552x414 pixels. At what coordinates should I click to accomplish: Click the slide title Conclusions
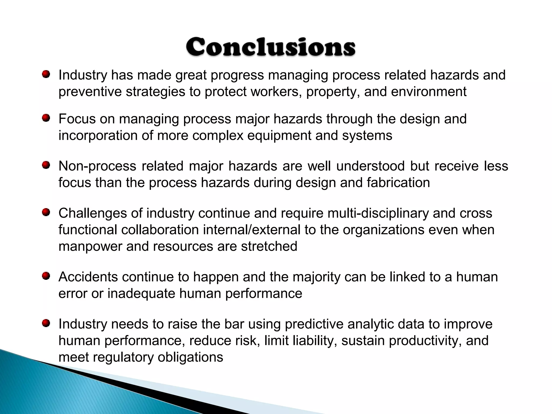[x=271, y=47]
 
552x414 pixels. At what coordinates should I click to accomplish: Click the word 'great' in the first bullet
[x=191, y=75]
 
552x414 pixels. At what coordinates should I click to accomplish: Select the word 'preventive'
[x=90, y=92]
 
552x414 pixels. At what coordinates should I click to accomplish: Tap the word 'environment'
[x=429, y=92]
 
